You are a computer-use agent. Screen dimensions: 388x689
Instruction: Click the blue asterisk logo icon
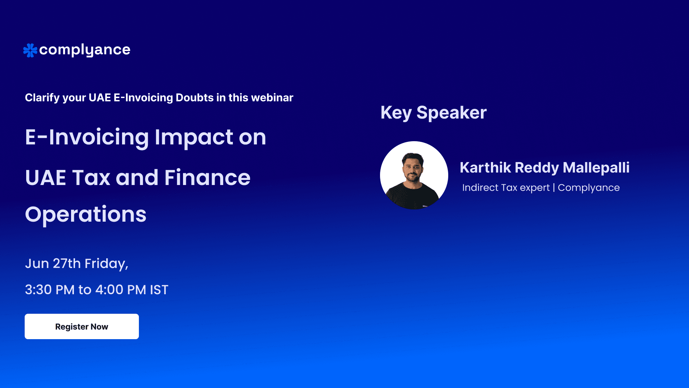click(30, 50)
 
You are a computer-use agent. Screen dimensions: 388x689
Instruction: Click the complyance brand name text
click(85, 50)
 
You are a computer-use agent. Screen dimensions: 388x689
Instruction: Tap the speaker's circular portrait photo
click(414, 175)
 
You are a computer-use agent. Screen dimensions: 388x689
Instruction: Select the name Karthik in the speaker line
click(485, 168)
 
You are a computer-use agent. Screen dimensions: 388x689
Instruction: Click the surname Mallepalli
click(596, 168)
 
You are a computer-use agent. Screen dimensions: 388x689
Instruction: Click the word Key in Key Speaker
click(396, 113)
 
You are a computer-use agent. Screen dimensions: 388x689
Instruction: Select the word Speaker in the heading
click(451, 113)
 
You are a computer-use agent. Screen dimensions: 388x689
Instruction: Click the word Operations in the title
click(86, 214)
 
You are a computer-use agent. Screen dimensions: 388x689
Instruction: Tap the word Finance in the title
click(207, 178)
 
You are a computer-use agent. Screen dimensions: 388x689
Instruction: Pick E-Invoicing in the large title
click(87, 138)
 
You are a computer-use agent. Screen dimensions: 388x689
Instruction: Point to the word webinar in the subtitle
click(272, 98)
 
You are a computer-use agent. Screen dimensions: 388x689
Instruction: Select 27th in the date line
click(67, 264)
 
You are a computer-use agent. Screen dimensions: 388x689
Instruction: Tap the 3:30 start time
click(38, 290)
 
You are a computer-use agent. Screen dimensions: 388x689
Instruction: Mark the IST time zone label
click(159, 290)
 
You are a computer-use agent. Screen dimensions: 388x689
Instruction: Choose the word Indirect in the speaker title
click(480, 188)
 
